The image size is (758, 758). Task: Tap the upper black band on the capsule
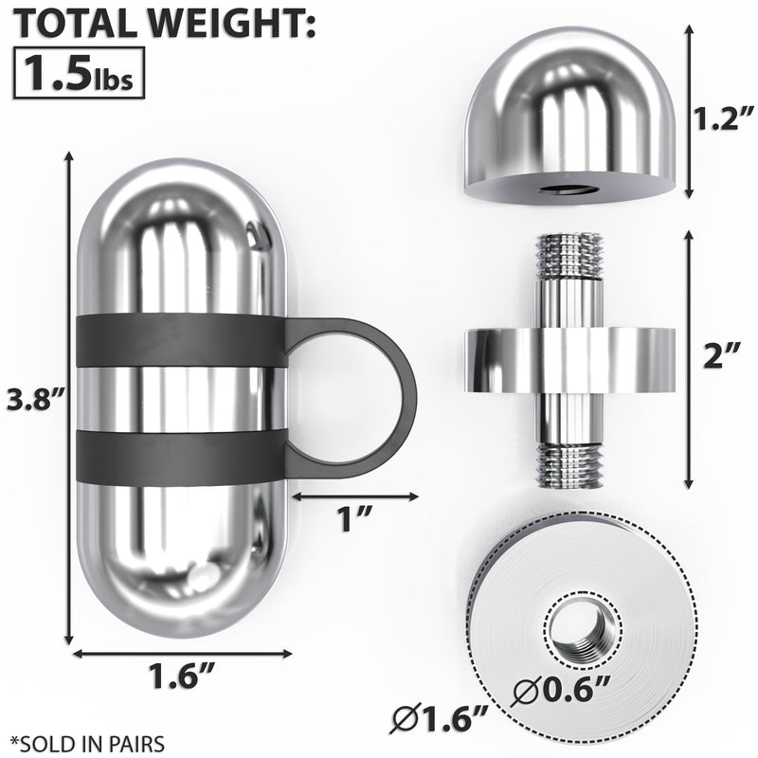[x=180, y=339]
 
